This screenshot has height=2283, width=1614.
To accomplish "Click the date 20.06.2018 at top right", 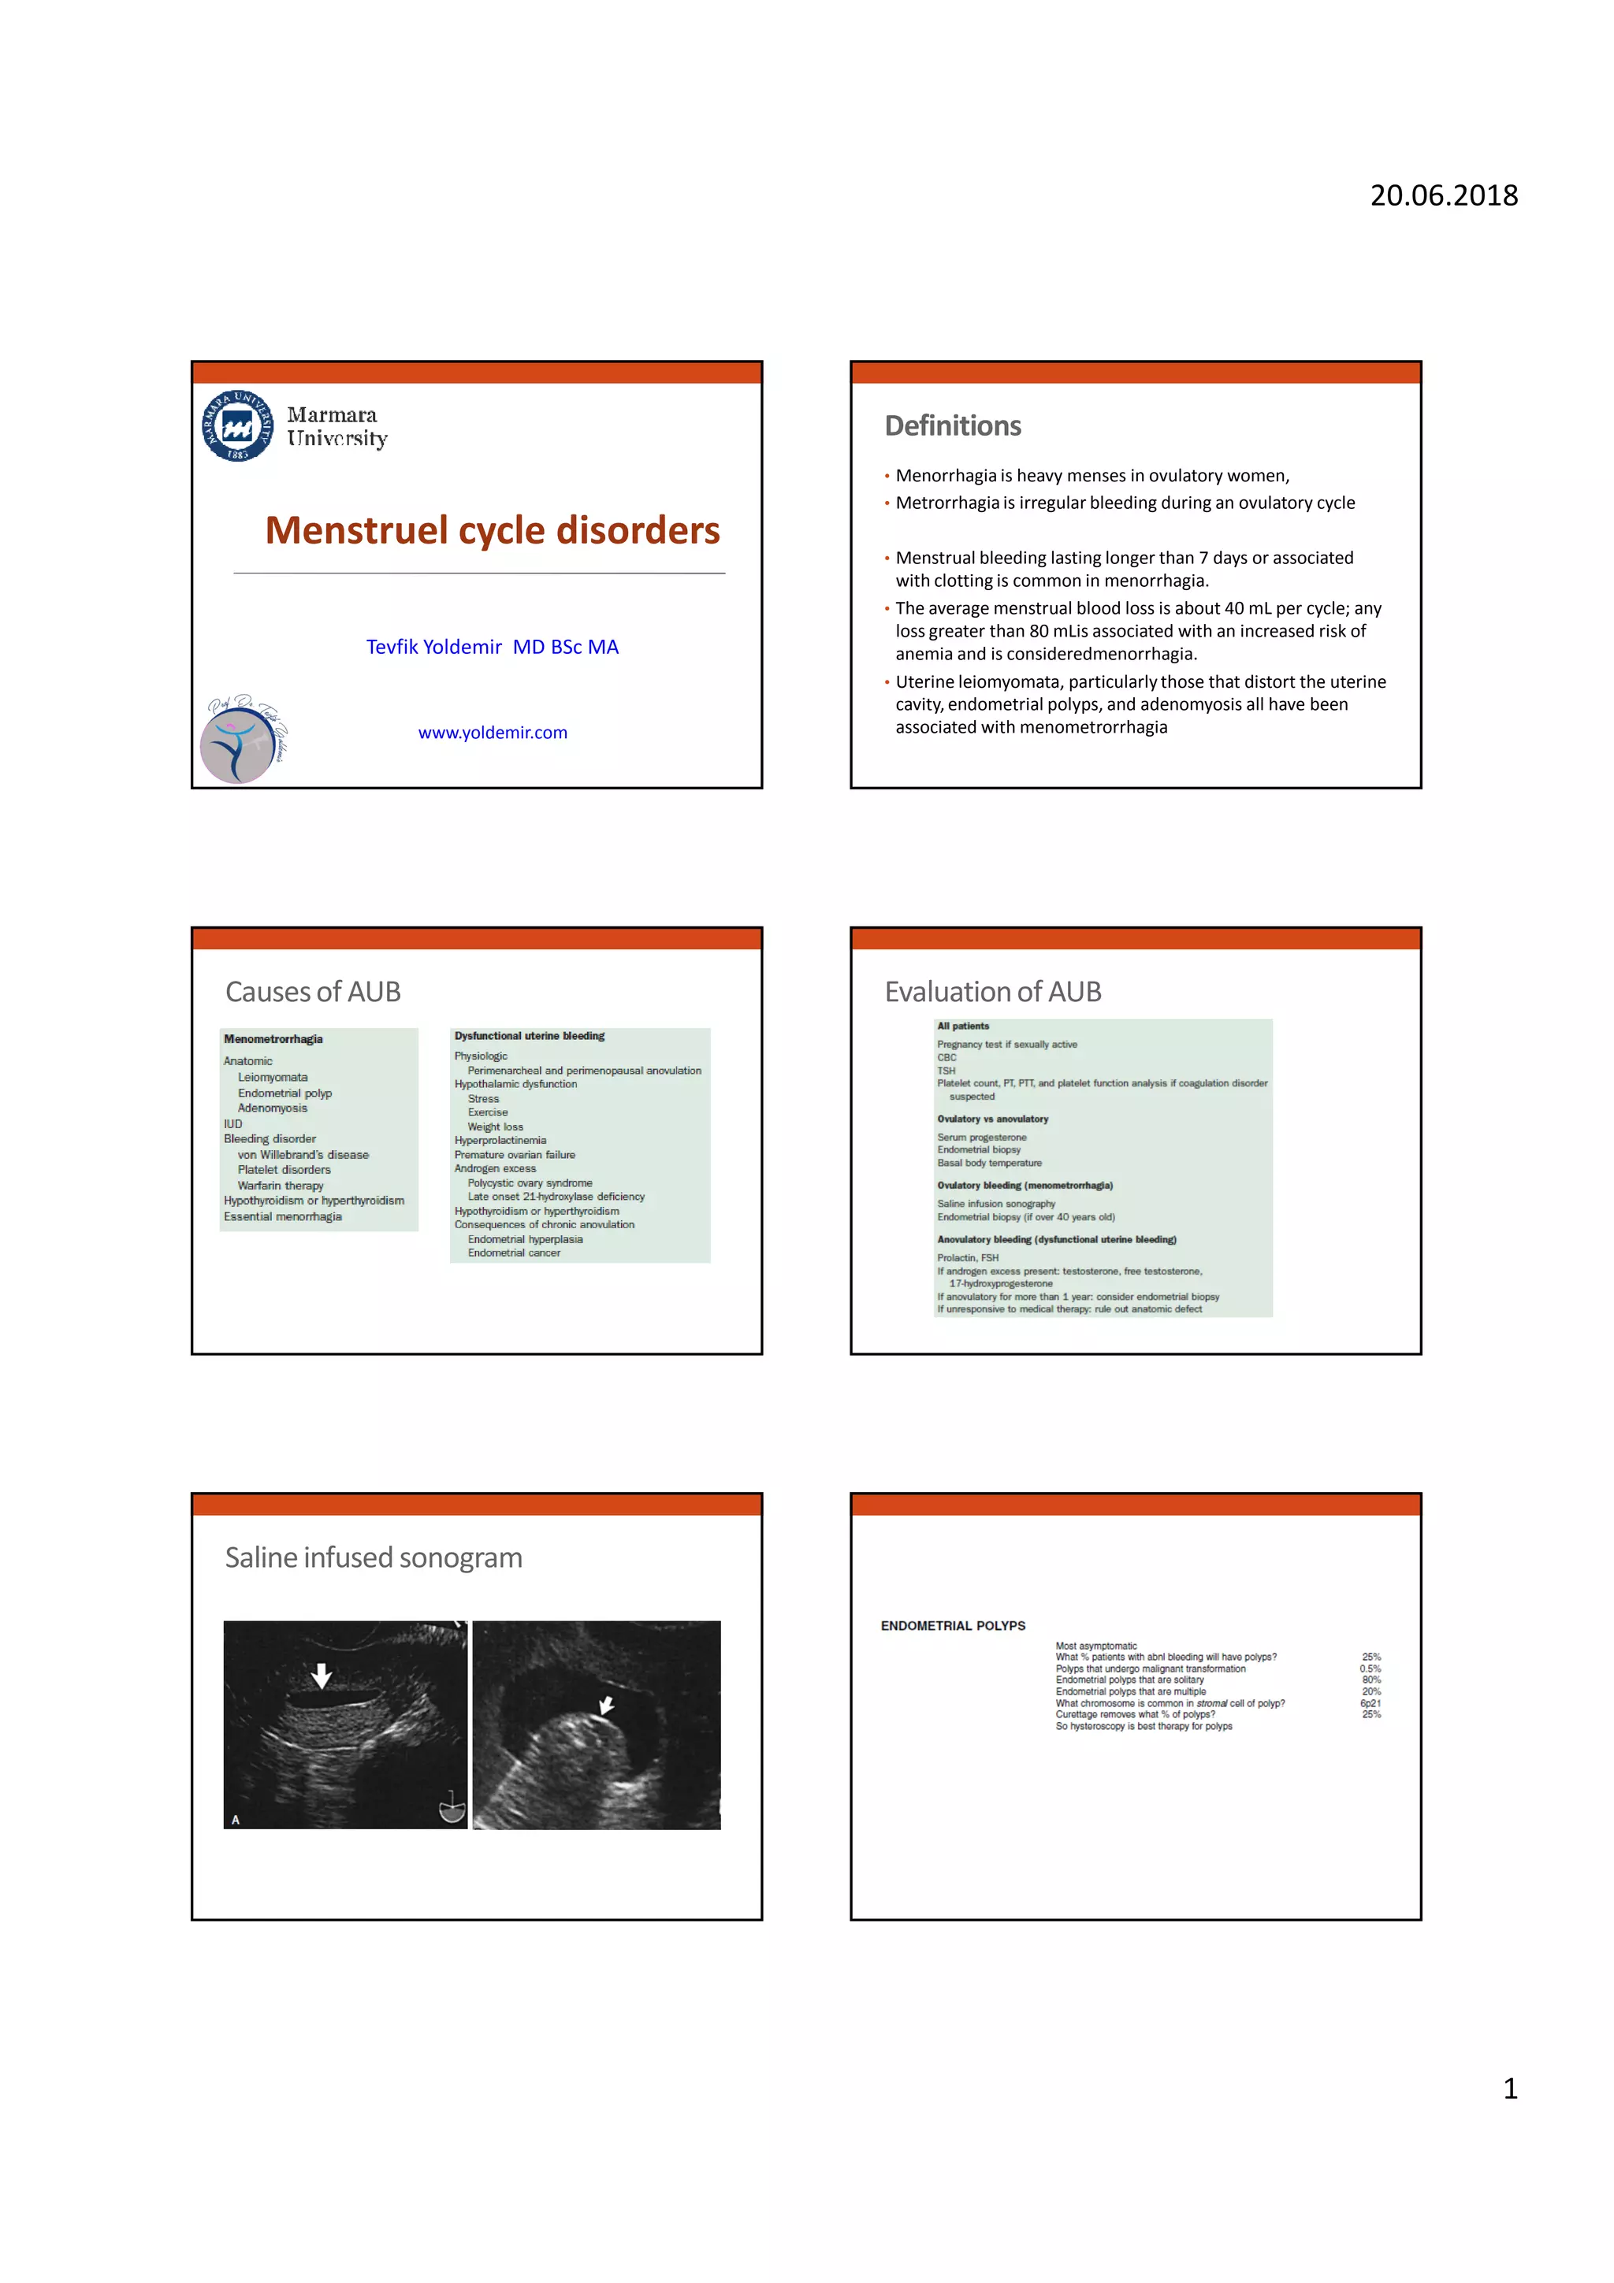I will tap(1443, 196).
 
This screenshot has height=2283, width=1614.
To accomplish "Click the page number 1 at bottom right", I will tap(1510, 2089).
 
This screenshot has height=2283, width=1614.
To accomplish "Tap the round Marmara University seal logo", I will tap(238, 425).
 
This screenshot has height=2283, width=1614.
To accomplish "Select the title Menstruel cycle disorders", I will tap(493, 530).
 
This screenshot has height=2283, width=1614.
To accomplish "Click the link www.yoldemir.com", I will tap(493, 733).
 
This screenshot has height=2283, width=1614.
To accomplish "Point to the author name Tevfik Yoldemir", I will tap(433, 648).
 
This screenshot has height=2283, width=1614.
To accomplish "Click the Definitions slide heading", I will tap(952, 425).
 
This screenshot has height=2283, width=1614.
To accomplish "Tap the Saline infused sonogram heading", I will tap(373, 1557).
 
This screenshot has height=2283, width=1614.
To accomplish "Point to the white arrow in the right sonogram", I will tap(605, 1706).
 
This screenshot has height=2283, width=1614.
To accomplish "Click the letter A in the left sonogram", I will tap(236, 1820).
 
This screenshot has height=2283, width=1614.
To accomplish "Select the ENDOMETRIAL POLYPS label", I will tap(953, 1626).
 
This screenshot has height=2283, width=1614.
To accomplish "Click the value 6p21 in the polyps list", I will tap(1370, 1703).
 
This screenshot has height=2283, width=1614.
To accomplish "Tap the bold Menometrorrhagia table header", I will tap(273, 1039).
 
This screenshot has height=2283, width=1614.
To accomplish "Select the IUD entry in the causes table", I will tap(232, 1123).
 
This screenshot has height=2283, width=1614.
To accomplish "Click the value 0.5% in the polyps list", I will tap(1370, 1669).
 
